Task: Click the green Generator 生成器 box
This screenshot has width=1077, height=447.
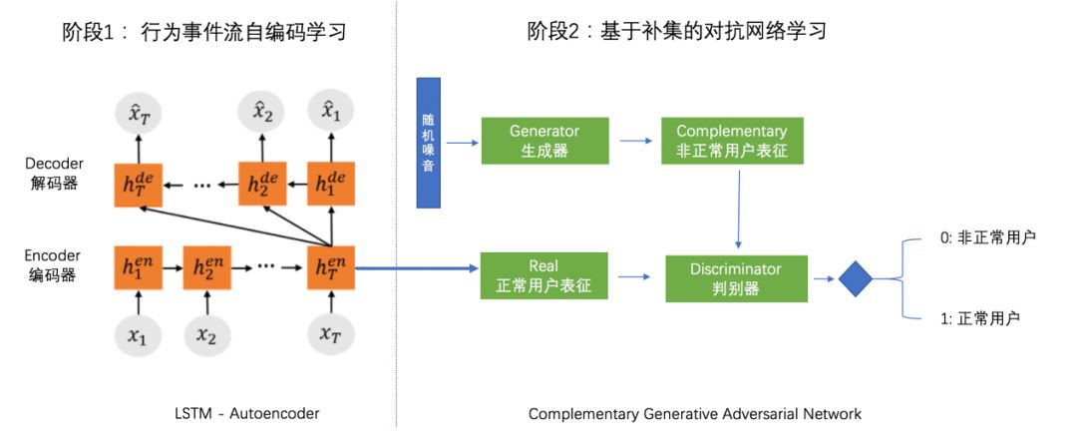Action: tap(544, 141)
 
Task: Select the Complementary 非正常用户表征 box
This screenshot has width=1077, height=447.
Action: tap(731, 141)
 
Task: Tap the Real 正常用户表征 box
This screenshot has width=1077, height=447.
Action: tap(544, 276)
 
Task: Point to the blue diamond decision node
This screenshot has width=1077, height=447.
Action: tap(856, 278)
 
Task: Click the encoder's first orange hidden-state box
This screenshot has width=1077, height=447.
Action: tap(138, 268)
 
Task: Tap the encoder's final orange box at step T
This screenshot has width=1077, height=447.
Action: tap(331, 268)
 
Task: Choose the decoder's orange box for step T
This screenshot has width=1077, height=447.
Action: tap(138, 185)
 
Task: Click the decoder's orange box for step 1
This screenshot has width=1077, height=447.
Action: tap(331, 185)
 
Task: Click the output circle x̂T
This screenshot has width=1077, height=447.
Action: tap(138, 116)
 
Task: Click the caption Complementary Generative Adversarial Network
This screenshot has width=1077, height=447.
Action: tap(694, 412)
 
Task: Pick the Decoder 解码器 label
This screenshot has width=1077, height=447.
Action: tap(54, 174)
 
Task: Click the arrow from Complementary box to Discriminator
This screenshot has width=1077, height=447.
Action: tap(739, 209)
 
